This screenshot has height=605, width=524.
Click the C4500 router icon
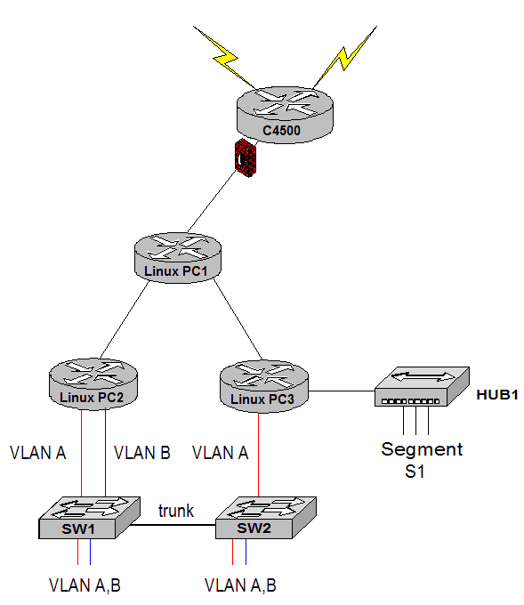coord(285,115)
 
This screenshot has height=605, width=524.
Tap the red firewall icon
coord(246,157)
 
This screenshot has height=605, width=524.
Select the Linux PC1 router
coord(178,258)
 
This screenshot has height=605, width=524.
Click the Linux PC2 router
coord(93,383)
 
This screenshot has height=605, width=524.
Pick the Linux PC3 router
coord(264,386)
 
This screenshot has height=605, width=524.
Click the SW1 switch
coord(89,518)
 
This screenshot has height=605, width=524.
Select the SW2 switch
coord(266,518)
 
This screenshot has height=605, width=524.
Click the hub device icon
coord(422,386)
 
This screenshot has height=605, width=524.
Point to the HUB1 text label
coord(497,395)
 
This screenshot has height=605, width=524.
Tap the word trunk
coord(176,511)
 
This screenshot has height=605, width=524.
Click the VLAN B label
coord(142,453)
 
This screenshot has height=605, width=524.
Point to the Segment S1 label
coord(422,460)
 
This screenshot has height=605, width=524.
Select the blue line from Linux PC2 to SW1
coord(105,453)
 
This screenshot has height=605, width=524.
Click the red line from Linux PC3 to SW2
coord(258,455)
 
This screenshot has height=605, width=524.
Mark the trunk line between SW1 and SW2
coord(173,525)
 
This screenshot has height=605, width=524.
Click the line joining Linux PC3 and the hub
coord(342,391)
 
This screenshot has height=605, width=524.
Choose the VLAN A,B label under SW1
coord(85,585)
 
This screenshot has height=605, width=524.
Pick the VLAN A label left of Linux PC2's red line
coord(38,453)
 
